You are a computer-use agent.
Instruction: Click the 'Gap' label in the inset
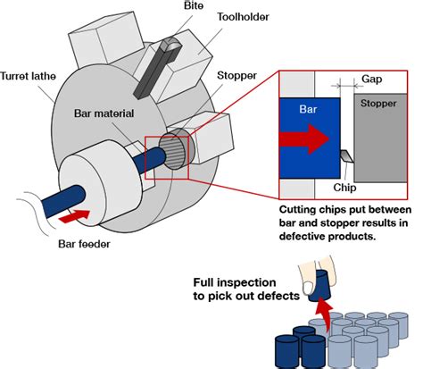click(x=376, y=80)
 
